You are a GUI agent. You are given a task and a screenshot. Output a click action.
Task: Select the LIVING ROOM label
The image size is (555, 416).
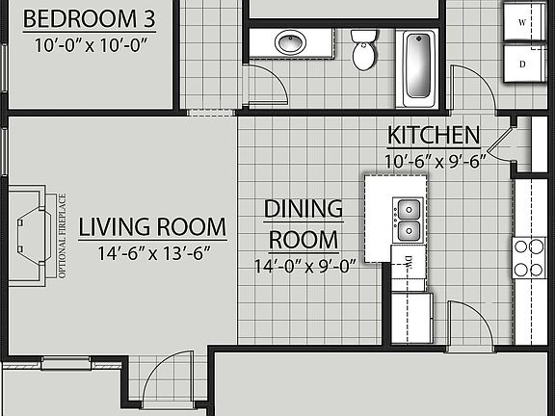[x=152, y=228]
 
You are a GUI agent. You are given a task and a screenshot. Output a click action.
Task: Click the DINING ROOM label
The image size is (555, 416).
[x=304, y=223]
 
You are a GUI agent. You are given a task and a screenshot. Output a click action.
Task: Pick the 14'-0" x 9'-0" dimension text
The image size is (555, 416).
[x=304, y=266]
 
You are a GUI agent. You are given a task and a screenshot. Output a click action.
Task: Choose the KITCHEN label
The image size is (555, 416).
[x=433, y=135]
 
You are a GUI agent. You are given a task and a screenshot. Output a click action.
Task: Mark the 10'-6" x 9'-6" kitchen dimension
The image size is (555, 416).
[x=434, y=161]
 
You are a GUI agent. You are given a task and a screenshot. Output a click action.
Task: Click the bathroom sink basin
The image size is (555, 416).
[x=290, y=42]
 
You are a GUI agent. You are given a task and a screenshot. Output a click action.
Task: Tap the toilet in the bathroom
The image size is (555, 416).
[x=364, y=50]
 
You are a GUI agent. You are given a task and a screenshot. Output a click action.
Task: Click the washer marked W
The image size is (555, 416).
[x=523, y=21]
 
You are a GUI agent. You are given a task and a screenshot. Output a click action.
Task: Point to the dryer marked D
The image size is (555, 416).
[x=523, y=64]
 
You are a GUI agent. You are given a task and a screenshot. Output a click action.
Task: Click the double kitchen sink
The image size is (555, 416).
[x=409, y=220]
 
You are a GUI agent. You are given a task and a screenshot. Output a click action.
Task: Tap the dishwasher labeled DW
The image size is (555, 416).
[x=408, y=263]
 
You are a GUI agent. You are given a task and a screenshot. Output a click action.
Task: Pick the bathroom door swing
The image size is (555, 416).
[x=266, y=86]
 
